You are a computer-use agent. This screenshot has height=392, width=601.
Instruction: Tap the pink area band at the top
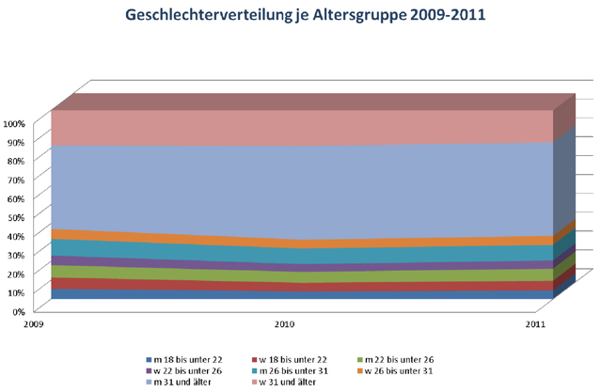[x=282, y=127]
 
